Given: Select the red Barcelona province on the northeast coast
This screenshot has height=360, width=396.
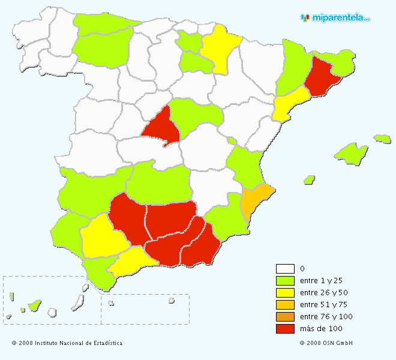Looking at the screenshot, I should tap(321, 79).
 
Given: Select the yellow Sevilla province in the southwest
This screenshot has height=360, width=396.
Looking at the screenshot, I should tap(102, 237).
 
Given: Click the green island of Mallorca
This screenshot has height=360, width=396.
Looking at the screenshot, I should tap(352, 152).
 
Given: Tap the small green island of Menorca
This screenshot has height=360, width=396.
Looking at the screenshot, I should tap(382, 139).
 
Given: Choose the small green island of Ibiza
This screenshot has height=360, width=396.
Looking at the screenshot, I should tap(309, 179).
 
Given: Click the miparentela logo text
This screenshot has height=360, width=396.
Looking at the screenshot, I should tap(340, 18).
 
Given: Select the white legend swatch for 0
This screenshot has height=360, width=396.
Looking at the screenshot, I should tap(285, 269).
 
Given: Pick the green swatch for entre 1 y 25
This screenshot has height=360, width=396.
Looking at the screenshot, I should tap(285, 281).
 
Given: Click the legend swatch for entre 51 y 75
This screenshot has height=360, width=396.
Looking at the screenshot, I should tap(285, 305).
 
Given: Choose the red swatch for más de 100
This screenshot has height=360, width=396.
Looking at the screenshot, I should tap(285, 329).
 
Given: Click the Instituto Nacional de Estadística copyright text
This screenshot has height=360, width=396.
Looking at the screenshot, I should tap(67, 343).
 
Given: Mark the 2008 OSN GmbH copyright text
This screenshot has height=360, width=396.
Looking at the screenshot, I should tap(326, 343).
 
